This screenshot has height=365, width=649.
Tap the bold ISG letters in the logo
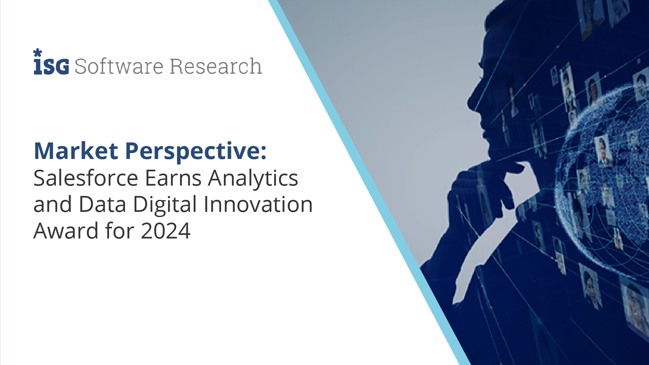click(x=51, y=67)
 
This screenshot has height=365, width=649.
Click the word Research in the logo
click(x=216, y=66)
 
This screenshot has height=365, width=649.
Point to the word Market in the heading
click(x=76, y=151)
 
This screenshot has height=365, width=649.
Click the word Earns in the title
click(x=173, y=178)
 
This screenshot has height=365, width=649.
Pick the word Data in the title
click(x=103, y=204)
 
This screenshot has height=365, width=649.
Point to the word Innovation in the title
click(x=258, y=204)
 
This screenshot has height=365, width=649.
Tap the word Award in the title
click(x=66, y=231)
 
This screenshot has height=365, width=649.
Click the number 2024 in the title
click(x=165, y=231)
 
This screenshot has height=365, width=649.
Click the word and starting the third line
click(x=53, y=204)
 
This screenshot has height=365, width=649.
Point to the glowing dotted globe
click(x=604, y=182)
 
